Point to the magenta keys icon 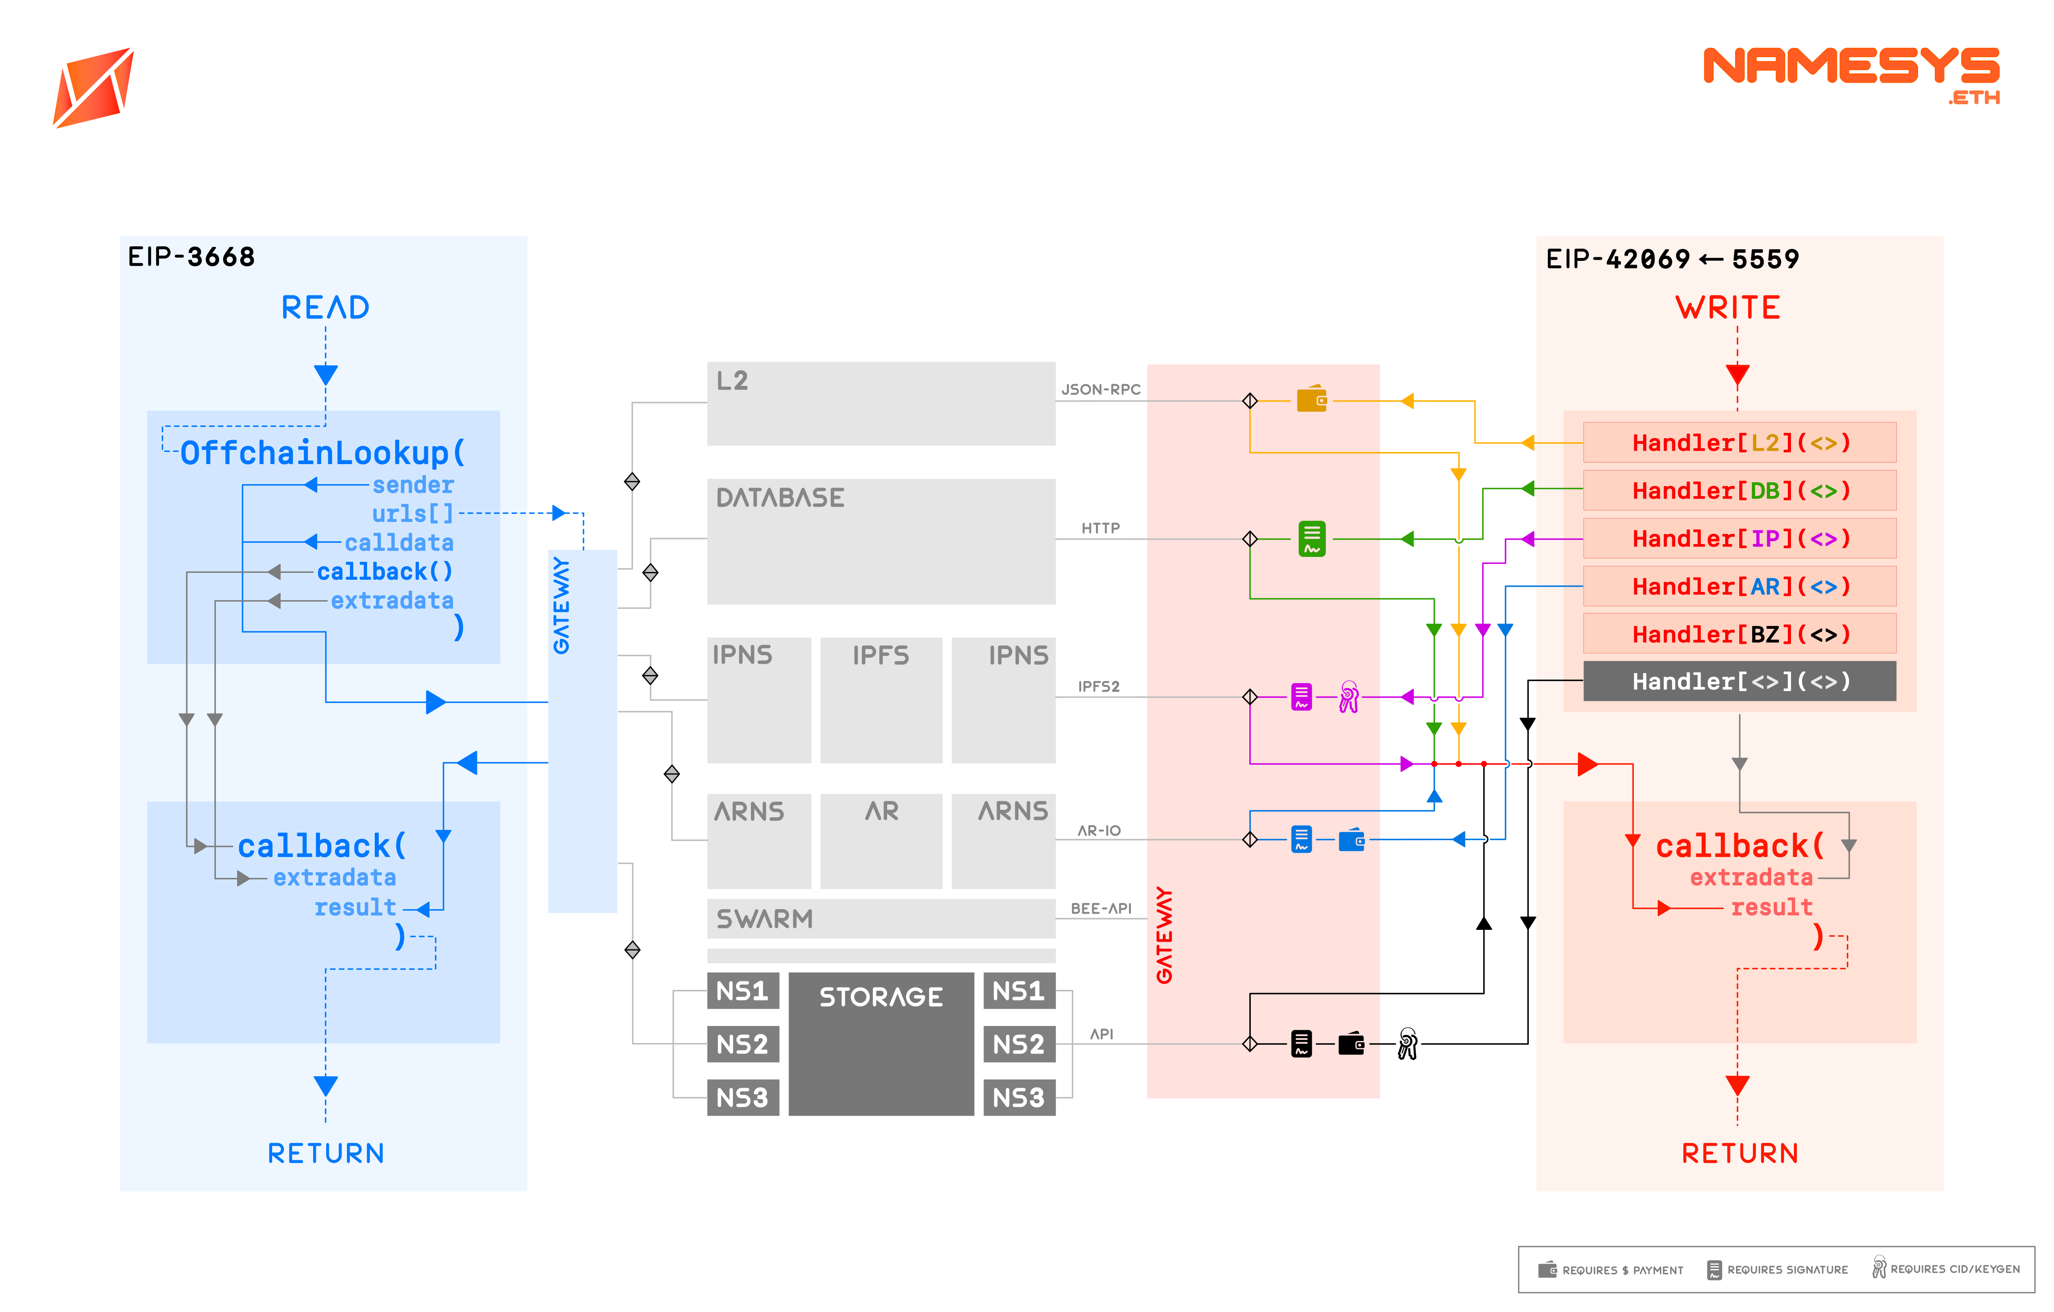(x=1349, y=697)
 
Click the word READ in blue (x=325, y=307)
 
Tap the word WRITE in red (x=1728, y=307)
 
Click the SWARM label (x=764, y=919)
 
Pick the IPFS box (x=881, y=699)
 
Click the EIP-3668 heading (x=191, y=257)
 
